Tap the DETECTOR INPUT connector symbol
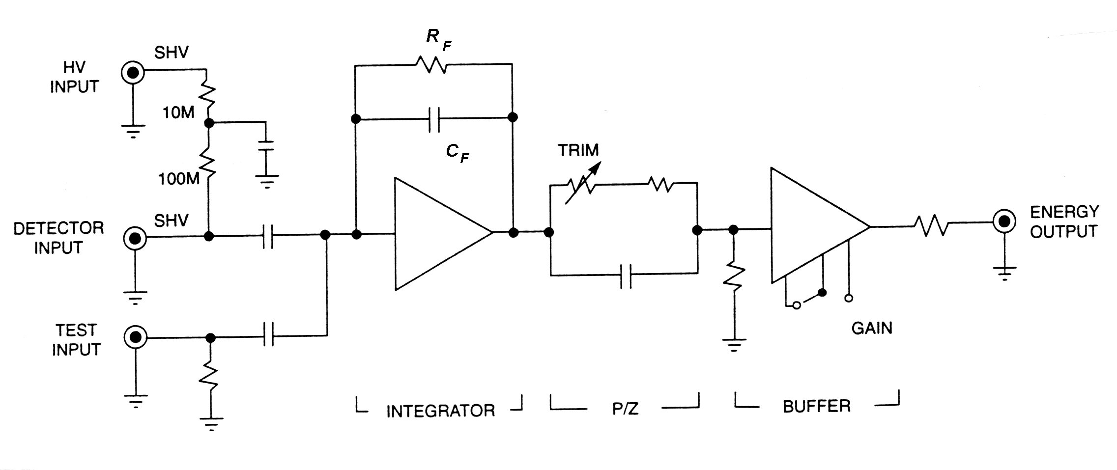(135, 239)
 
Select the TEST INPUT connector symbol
(136, 337)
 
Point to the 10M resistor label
(178, 113)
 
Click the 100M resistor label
(178, 179)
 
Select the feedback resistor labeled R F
(431, 64)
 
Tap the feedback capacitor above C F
(434, 118)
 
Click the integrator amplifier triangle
(437, 233)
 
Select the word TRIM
(578, 150)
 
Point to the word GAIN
(872, 328)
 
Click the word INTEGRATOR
(440, 411)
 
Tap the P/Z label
(625, 409)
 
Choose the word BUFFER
(816, 407)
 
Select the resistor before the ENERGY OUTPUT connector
(931, 226)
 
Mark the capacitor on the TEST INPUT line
(268, 336)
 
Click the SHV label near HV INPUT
(171, 53)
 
